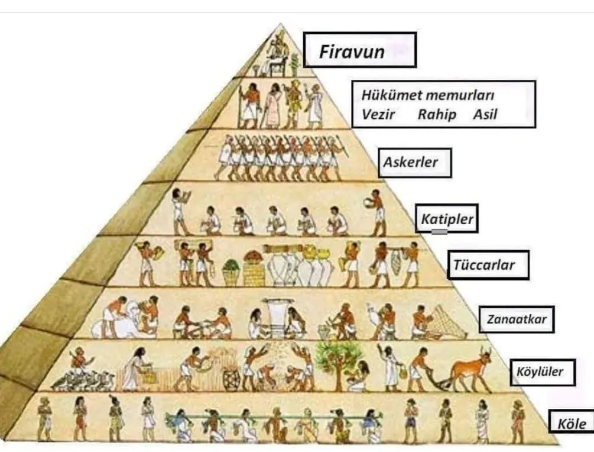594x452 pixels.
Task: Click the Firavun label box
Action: click(359, 50)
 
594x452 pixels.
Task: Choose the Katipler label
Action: click(447, 220)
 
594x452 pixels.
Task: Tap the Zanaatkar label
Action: click(517, 320)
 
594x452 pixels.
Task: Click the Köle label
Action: click(571, 424)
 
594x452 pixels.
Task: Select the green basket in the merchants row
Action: click(231, 273)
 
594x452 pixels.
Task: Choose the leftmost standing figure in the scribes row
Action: click(179, 212)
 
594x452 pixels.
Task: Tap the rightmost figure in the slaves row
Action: click(518, 421)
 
